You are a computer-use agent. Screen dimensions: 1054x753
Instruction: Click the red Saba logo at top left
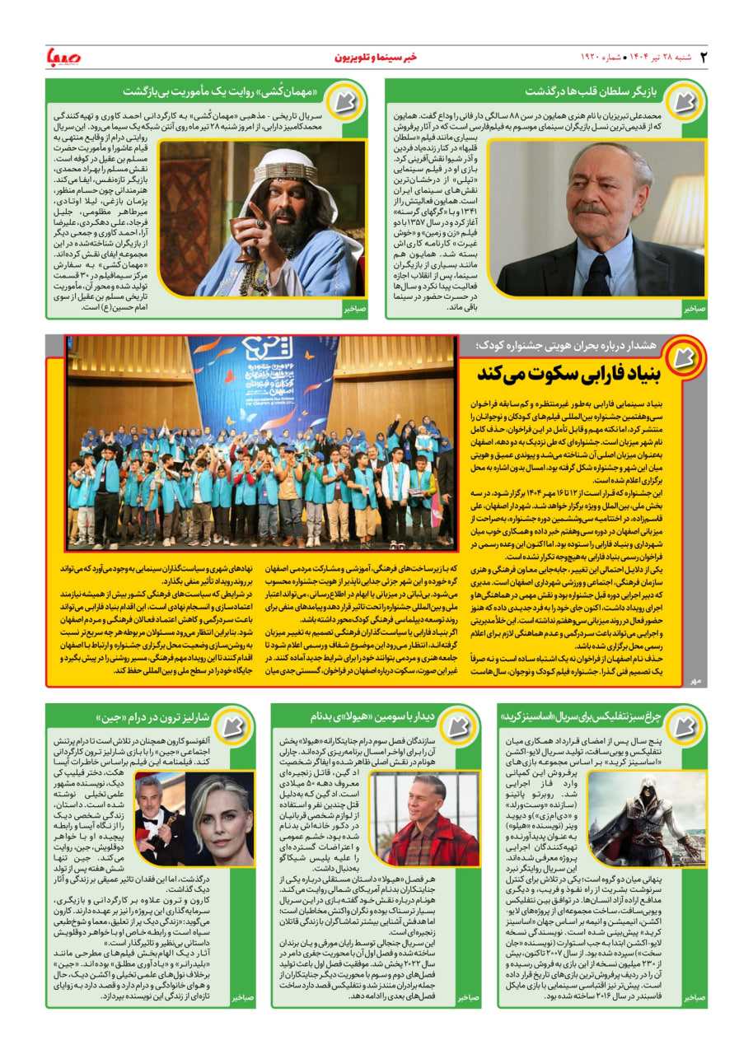point(65,58)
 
